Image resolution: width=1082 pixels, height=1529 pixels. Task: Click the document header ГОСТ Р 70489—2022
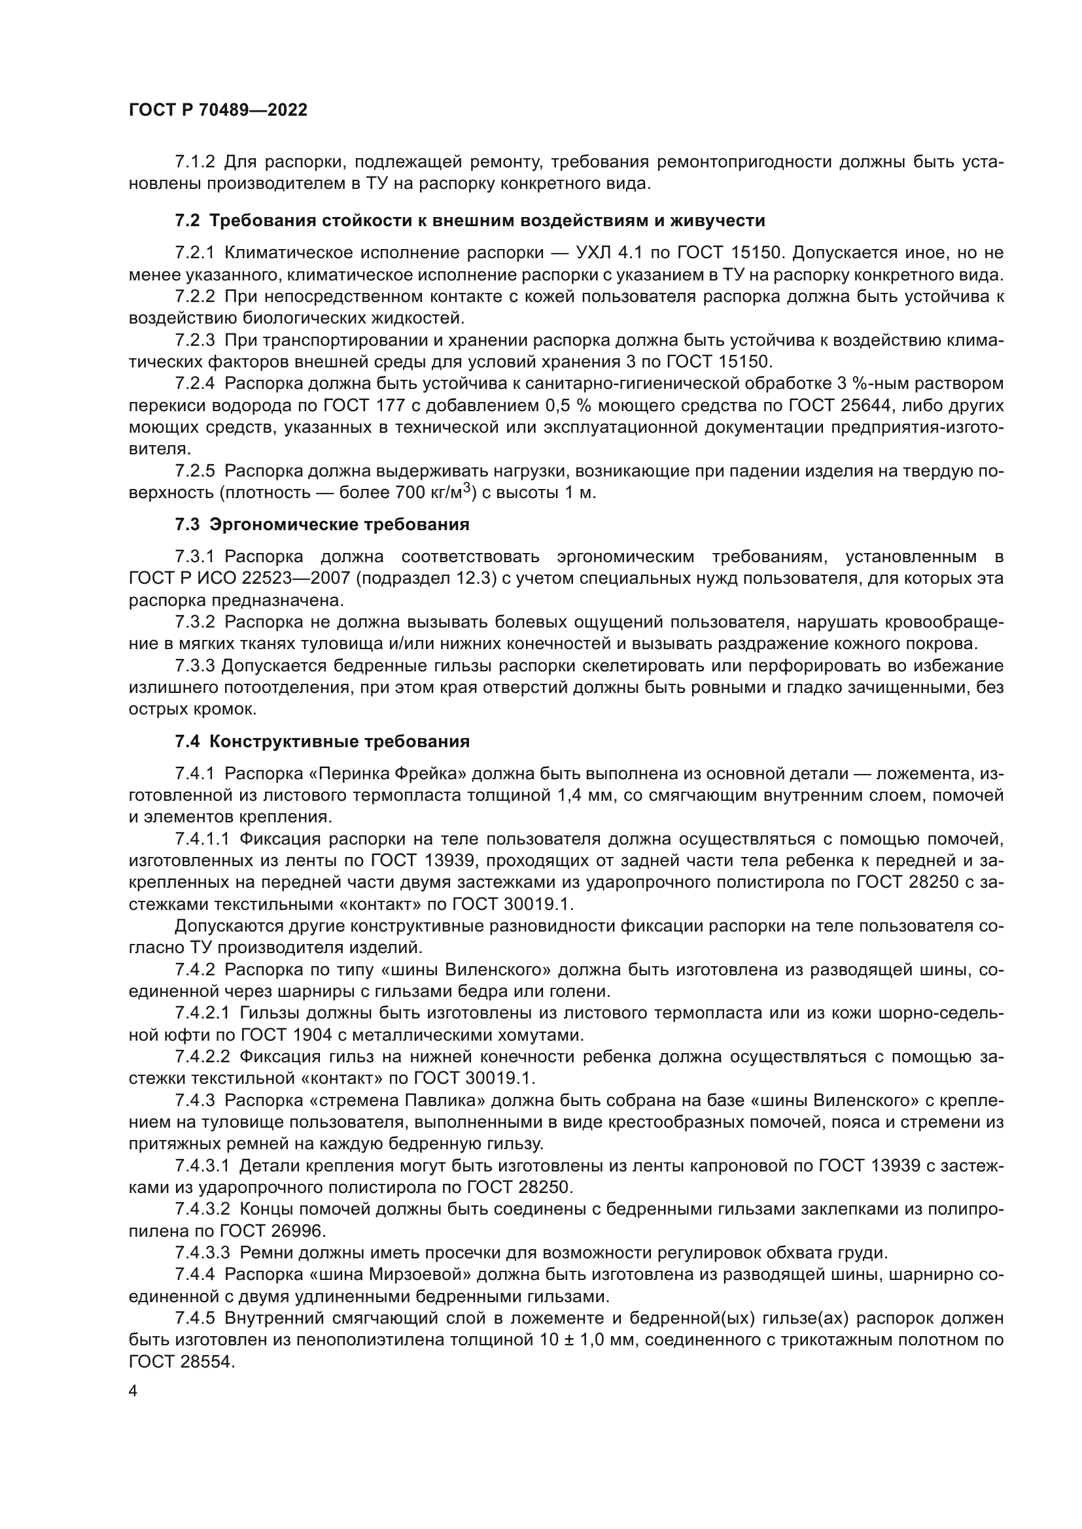point(218,110)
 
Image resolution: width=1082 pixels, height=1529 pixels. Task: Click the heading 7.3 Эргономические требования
point(322,525)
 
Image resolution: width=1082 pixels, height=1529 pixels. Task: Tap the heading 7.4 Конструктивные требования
point(322,741)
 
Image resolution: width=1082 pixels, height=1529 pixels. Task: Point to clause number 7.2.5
point(194,471)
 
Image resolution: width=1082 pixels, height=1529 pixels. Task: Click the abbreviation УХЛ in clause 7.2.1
point(588,252)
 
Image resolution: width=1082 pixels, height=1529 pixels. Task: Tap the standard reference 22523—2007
point(287,578)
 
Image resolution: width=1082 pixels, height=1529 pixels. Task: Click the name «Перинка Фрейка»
point(386,773)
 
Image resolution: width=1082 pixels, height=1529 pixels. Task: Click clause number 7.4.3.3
point(202,1252)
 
